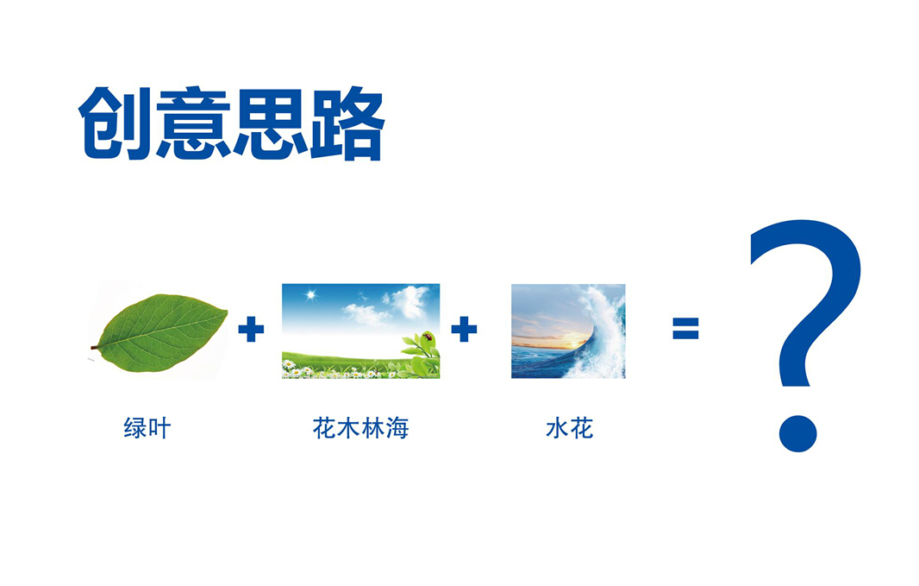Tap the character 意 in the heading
[193, 123]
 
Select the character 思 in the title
[270, 123]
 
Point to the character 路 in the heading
[347, 123]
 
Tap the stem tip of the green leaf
[92, 347]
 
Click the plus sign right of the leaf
[251, 329]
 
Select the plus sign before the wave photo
[464, 329]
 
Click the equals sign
[685, 329]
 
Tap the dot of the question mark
[797, 433]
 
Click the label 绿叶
[147, 427]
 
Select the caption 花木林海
[360, 427]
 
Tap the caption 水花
[569, 427]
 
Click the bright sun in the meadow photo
[311, 294]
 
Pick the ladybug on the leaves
[428, 337]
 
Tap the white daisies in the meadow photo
[328, 371]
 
